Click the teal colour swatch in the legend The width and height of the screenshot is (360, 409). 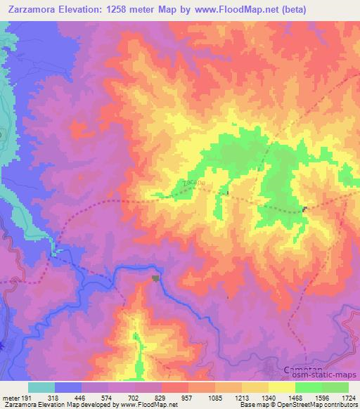41,387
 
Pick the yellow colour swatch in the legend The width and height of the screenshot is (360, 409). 281,387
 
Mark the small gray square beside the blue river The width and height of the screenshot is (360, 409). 155,278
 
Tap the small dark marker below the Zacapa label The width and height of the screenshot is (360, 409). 226,193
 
